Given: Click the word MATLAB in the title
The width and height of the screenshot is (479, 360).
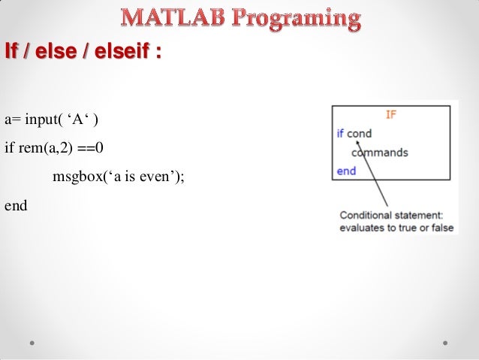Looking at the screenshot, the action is (173, 17).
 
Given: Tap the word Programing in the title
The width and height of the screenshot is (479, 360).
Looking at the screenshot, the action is (297, 20).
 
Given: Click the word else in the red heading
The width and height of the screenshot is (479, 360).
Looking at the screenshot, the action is (56, 50).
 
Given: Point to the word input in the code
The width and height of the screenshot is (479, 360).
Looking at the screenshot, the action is (41, 119).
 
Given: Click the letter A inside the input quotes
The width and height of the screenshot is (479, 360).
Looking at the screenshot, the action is (78, 119).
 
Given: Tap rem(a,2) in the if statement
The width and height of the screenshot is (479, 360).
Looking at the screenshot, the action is (46, 148).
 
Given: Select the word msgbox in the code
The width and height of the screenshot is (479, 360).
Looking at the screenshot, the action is (78, 177).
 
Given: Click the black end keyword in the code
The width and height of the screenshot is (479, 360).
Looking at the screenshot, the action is (16, 205).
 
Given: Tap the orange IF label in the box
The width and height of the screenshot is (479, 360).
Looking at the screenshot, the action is (391, 115).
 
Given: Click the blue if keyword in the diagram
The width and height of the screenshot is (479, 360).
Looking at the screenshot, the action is (340, 133).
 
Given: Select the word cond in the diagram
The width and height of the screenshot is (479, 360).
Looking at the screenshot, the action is (359, 134).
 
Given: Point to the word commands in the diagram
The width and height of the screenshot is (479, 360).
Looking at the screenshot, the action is (380, 153).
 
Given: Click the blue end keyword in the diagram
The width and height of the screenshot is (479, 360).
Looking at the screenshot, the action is (346, 171).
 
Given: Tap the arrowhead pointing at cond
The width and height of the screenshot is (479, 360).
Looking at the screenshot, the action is (358, 142).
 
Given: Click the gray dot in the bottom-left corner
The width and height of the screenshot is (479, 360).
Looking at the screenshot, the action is (32, 343).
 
